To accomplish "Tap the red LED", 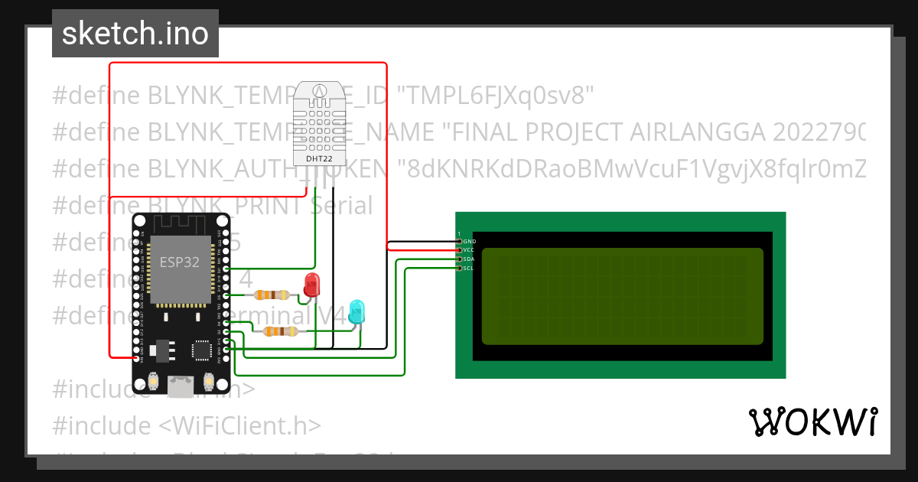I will tap(311, 285).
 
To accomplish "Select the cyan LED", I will tap(356, 311).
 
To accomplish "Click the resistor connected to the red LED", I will tap(272, 295).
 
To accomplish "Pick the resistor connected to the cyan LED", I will tap(280, 331).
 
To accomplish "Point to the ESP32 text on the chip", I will tap(179, 262).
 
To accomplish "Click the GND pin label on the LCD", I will tap(469, 241).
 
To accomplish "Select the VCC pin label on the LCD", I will tap(469, 250).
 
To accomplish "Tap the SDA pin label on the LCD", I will tap(469, 259).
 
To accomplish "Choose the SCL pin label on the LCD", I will tap(469, 269).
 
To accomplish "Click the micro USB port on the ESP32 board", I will tap(181, 387).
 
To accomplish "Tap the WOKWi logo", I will tap(812, 422).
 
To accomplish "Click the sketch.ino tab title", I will tap(135, 34).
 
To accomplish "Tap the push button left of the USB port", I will tap(155, 380).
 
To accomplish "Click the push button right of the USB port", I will tap(209, 380).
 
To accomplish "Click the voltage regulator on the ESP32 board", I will tap(162, 351).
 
